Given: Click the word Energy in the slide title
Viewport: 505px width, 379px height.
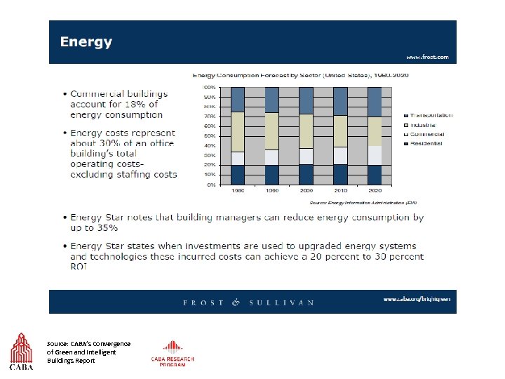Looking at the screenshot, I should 86,42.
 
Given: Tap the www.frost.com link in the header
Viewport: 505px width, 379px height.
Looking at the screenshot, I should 427,57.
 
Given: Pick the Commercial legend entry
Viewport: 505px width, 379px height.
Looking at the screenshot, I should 425,134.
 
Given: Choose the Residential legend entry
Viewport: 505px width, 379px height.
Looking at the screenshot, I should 425,143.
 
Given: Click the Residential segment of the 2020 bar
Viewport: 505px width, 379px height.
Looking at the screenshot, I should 375,175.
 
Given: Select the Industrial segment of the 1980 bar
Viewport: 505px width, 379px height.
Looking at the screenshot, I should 238,131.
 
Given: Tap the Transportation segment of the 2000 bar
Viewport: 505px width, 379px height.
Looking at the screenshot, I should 306,100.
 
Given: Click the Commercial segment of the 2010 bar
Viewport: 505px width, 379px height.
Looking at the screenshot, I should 340,155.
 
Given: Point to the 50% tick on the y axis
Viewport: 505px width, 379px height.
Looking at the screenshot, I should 209,135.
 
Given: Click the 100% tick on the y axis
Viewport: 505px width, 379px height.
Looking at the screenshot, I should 209,87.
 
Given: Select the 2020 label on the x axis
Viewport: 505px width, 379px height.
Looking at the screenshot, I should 375,190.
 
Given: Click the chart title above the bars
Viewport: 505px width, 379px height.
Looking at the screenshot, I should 301,74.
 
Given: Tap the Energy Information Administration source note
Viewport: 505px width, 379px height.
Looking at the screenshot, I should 363,201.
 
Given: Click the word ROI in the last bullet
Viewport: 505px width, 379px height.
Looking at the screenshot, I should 77,267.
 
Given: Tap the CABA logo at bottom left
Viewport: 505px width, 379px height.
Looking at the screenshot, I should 21,352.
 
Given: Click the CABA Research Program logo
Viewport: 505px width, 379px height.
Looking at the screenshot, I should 172,354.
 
